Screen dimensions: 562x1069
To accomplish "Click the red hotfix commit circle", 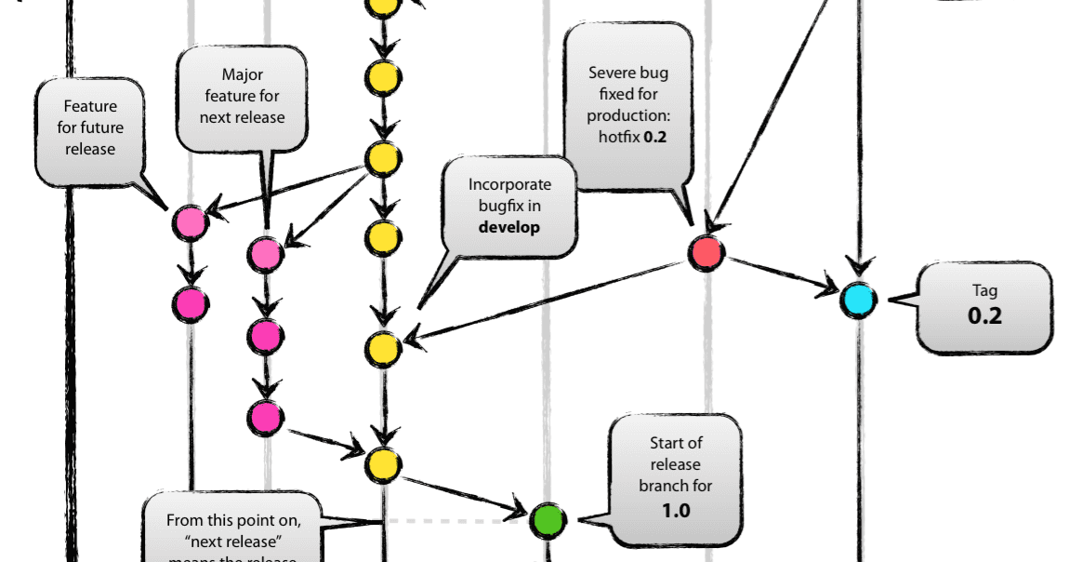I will pyautogui.click(x=706, y=252).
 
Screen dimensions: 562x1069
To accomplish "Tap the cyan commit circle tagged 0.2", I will pyautogui.click(x=858, y=301).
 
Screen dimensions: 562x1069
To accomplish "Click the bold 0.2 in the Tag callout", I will pyautogui.click(x=984, y=316).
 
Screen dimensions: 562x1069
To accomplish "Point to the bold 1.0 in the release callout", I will pyautogui.click(x=676, y=510).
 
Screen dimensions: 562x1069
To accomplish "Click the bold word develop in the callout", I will pyautogui.click(x=508, y=227).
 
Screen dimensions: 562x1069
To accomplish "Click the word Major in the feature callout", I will pyautogui.click(x=242, y=74).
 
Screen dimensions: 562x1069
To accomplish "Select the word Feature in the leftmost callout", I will pyautogui.click(x=90, y=106).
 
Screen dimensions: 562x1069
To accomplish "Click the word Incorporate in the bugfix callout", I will pyautogui.click(x=509, y=184).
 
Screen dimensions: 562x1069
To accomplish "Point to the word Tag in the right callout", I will pyautogui.click(x=984, y=290).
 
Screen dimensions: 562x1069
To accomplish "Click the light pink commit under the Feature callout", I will pyautogui.click(x=190, y=222).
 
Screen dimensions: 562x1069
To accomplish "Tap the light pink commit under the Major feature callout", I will pyautogui.click(x=266, y=252).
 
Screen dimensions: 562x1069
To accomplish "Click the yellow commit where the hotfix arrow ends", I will pyautogui.click(x=382, y=349).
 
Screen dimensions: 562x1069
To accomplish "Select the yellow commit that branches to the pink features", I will pyautogui.click(x=382, y=159).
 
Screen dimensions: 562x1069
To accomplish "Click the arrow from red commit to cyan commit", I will pyautogui.click(x=781, y=276).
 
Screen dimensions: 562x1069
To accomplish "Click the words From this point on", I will pyautogui.click(x=232, y=521).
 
